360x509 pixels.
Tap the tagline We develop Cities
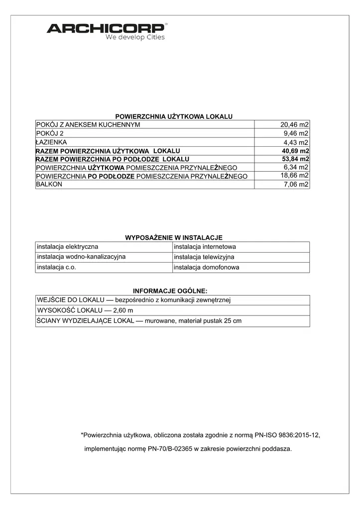(x=135, y=37)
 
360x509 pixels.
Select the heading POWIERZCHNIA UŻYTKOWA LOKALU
(x=174, y=116)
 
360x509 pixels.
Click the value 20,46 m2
(x=295, y=124)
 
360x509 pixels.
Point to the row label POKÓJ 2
(x=50, y=133)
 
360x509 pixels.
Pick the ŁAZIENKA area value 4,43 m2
(x=296, y=142)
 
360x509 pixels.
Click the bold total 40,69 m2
(x=295, y=151)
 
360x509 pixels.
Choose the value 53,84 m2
(x=295, y=159)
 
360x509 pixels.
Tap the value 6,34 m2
(x=296, y=167)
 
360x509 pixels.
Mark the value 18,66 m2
(x=295, y=176)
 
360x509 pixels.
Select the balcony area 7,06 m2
(x=296, y=185)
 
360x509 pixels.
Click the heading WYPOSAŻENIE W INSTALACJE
(x=173, y=237)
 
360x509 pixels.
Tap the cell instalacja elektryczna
(x=67, y=246)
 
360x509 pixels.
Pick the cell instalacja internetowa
(x=205, y=246)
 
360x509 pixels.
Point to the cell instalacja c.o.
(x=56, y=267)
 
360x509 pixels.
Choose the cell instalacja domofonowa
(x=206, y=267)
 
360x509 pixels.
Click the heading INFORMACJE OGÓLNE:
(x=170, y=291)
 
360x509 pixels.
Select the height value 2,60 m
(x=120, y=310)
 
